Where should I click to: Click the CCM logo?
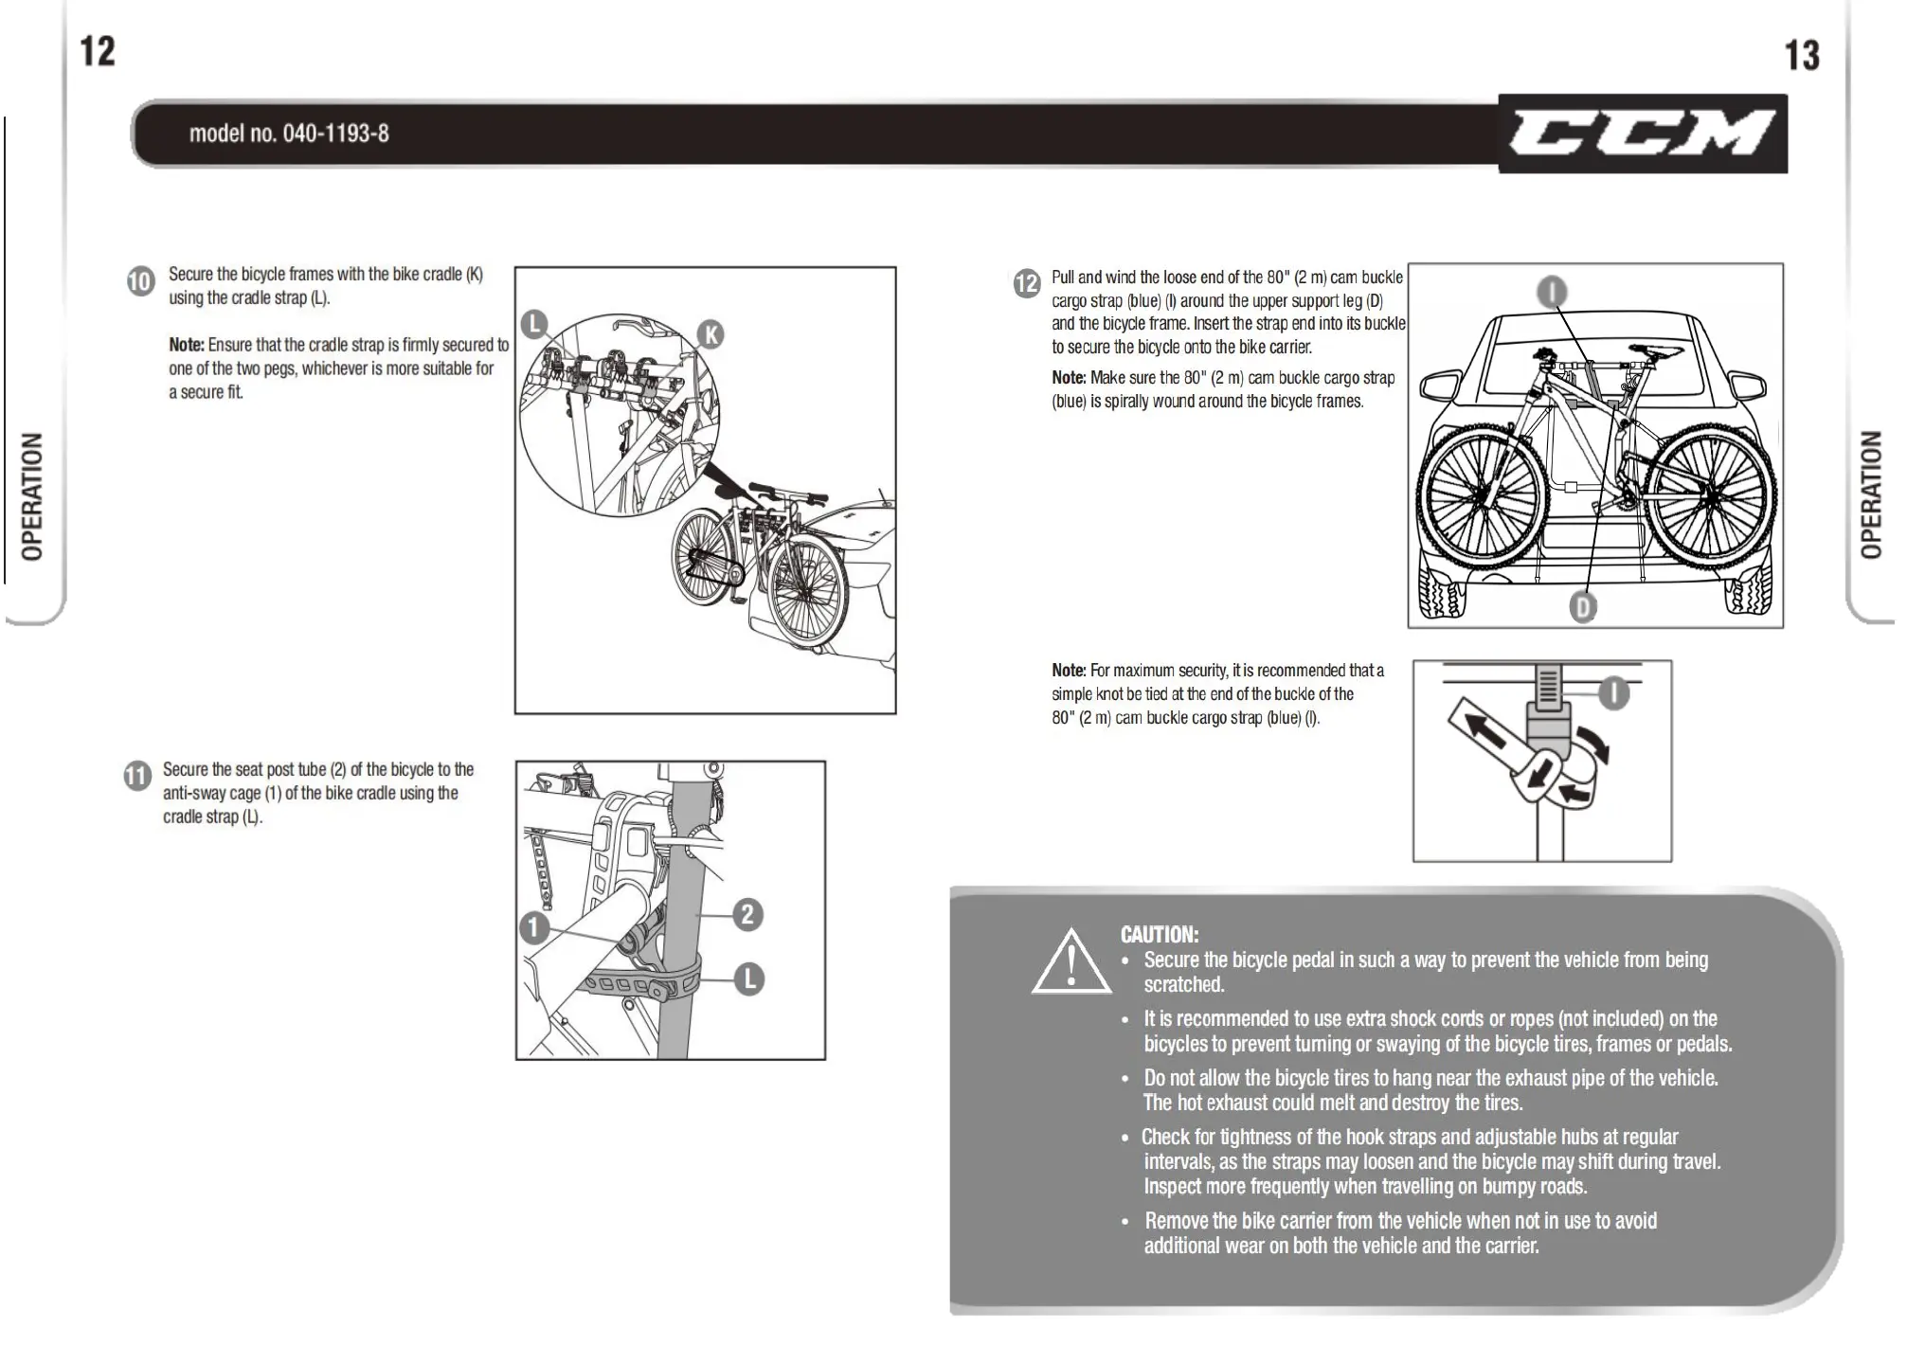coord(1642,134)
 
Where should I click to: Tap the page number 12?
coord(98,51)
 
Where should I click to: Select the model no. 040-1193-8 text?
coord(289,134)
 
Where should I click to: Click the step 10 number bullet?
coord(140,281)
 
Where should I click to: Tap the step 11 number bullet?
coord(136,777)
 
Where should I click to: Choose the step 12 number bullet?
coord(1026,283)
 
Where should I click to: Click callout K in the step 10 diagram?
coord(710,333)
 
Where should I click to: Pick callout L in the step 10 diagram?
coord(534,324)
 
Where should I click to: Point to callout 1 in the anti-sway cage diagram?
coord(534,927)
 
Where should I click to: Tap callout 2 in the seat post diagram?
coord(747,914)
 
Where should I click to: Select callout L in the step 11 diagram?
coord(748,978)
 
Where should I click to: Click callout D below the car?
coord(1582,606)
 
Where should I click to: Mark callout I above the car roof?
coord(1551,292)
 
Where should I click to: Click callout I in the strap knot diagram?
coord(1614,693)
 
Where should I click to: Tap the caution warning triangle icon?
coord(1071,963)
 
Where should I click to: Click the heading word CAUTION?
coord(1160,935)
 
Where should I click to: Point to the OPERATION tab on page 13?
coord(1871,494)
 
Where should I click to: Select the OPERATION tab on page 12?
coord(33,496)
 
